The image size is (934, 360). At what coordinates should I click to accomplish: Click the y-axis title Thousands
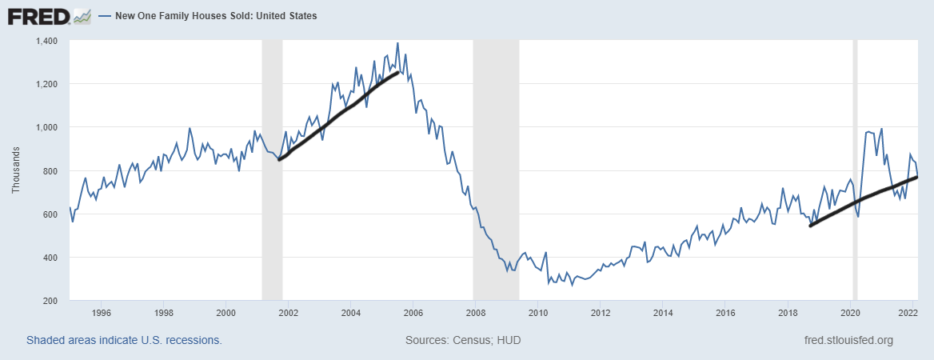16,170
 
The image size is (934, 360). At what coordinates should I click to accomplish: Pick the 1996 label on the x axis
101,312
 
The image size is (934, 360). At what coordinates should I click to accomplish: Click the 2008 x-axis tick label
475,312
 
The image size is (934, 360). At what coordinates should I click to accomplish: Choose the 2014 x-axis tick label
662,312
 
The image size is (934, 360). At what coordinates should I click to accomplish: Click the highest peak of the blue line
397,43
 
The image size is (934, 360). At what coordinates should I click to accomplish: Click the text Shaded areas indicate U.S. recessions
124,340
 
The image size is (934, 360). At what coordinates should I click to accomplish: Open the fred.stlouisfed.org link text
848,340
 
